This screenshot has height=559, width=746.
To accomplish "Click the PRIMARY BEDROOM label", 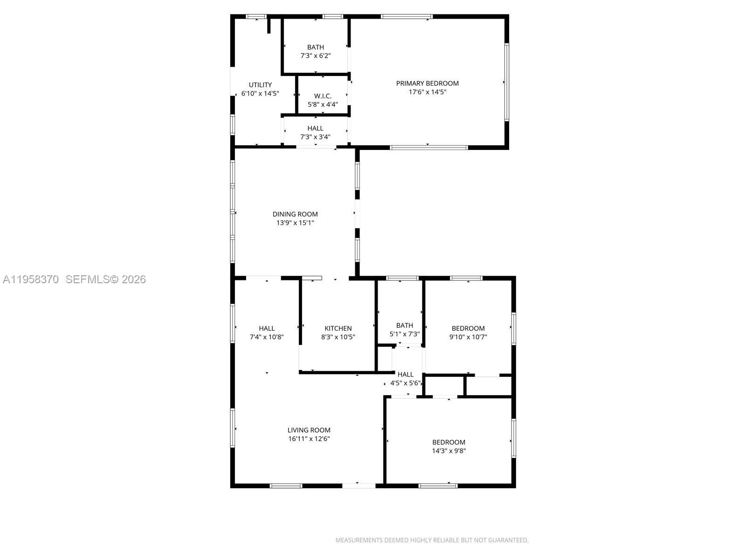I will (427, 83).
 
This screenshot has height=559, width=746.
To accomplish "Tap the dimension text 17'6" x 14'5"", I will (427, 92).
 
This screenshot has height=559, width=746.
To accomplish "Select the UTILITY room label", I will (260, 85).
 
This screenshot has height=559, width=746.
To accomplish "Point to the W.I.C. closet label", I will (323, 96).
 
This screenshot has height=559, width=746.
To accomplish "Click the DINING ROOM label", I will (295, 214).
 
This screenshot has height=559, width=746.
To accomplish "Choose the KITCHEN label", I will (338, 328).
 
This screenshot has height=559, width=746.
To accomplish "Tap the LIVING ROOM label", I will (309, 430).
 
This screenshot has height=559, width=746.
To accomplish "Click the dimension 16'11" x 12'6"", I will (309, 439).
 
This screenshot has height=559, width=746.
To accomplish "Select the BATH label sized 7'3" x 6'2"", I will (316, 47).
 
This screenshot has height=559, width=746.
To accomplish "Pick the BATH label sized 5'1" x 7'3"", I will (405, 326).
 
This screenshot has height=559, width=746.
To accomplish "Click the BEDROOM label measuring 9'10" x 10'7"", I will (468, 328).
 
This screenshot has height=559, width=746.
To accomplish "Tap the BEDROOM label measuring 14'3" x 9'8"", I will (449, 443).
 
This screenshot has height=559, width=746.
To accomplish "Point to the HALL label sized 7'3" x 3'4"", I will (315, 129).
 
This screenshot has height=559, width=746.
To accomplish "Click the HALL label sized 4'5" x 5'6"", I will (406, 375).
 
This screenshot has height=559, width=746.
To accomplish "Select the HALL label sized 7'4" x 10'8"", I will (267, 328).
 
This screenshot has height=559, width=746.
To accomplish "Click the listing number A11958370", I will (31, 279).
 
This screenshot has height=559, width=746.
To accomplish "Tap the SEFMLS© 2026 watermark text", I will (105, 279).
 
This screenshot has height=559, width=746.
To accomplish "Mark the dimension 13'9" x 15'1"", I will (295, 223).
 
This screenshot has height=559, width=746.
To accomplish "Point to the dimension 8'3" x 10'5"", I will (338, 337).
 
